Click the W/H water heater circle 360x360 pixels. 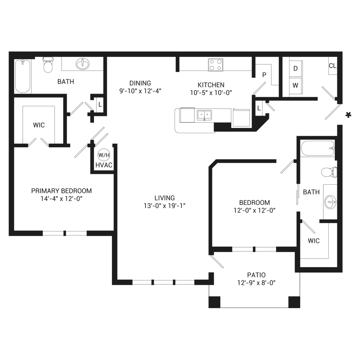[104, 155]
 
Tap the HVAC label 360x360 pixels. [104, 165]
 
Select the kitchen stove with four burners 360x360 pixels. [215, 65]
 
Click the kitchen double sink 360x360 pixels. [204, 115]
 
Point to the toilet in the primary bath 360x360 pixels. [48, 64]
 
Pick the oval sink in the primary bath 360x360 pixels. [83, 64]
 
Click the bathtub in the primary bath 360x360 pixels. [22, 76]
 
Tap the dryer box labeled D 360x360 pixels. [296, 68]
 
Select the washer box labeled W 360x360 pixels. [296, 86]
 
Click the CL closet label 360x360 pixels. [332, 66]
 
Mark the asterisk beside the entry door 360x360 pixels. [348, 115]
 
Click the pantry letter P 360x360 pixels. [264, 75]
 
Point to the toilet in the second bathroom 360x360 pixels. [329, 172]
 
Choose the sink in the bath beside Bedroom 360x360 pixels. [330, 202]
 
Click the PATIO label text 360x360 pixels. [256, 275]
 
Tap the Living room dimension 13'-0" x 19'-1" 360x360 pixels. [165, 206]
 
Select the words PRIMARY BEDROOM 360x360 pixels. [62, 191]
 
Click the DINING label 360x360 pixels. [140, 83]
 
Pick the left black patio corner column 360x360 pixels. [215, 302]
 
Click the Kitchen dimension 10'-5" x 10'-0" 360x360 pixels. [211, 93]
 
